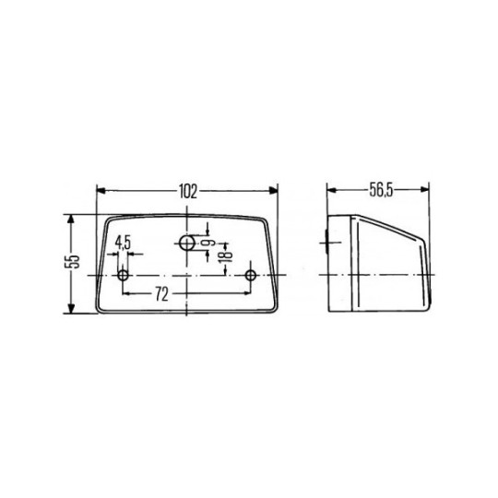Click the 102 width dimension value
point(187,192)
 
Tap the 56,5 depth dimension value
point(381,191)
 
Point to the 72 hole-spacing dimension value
point(187,294)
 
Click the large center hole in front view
point(187,243)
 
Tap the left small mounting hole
point(125,275)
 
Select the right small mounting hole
point(250,275)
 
